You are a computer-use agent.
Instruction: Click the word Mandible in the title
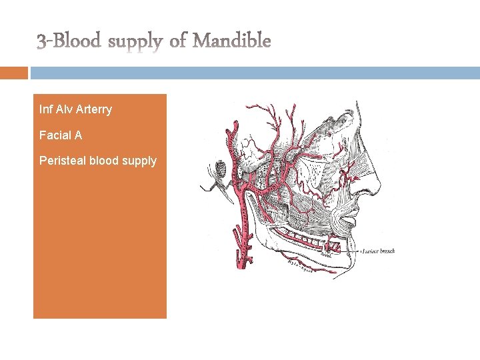pyautogui.click(x=232, y=41)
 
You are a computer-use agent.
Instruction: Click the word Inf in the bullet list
pyautogui.click(x=45, y=109)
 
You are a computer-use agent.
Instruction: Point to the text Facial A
pyautogui.click(x=61, y=135)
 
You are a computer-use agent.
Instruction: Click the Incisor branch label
pyautogui.click(x=379, y=251)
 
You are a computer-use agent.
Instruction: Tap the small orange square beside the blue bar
pyautogui.click(x=14, y=73)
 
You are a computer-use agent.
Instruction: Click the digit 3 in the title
pyautogui.click(x=41, y=42)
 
